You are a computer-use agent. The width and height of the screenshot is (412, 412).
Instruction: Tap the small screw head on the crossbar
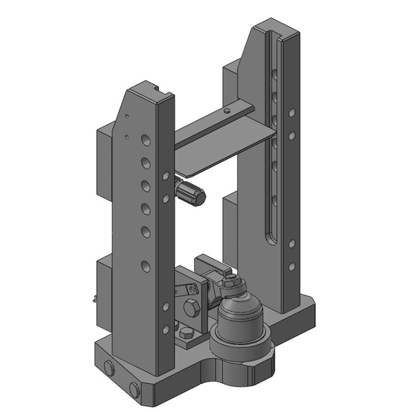(226, 110)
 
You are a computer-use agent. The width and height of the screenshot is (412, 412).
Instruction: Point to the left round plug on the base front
(109, 368)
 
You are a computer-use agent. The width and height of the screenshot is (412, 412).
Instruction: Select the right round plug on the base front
(135, 390)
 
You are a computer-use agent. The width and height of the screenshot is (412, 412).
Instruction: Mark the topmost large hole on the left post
(145, 139)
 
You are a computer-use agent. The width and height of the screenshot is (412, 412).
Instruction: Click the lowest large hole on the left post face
(145, 266)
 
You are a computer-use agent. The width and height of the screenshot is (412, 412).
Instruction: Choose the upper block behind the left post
(104, 160)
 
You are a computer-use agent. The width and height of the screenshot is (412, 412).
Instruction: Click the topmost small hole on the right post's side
(292, 112)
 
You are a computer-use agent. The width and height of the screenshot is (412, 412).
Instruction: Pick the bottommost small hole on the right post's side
(292, 266)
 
